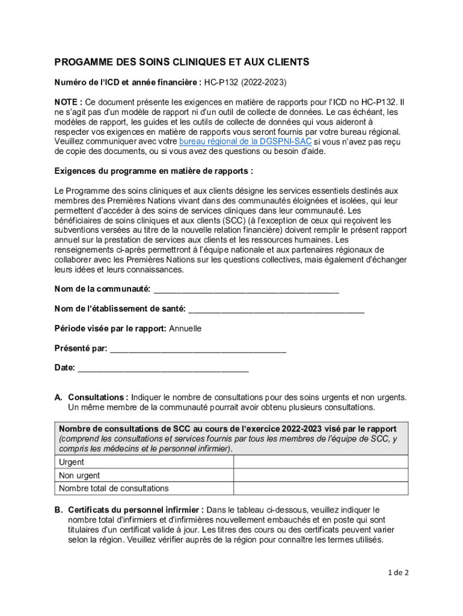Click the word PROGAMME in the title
82,62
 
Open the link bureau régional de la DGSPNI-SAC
245,141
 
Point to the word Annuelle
185,328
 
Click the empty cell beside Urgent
320,462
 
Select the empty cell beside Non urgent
320,475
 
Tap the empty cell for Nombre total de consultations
320,488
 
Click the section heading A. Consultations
97,397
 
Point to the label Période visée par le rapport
110,328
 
